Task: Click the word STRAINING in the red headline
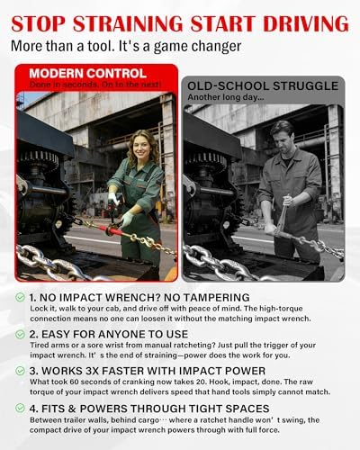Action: (128, 24)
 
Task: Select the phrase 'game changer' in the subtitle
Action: (197, 47)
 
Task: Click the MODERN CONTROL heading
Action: (88, 74)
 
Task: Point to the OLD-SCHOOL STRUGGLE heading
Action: (263, 86)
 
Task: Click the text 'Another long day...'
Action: (226, 97)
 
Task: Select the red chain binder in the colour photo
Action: (109, 230)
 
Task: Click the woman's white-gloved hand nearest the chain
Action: (127, 219)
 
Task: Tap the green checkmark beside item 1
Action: (20, 297)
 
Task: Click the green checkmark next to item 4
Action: (20, 408)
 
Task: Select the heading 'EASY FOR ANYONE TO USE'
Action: (114, 334)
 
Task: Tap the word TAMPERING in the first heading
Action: (216, 297)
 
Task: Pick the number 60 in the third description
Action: (74, 382)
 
